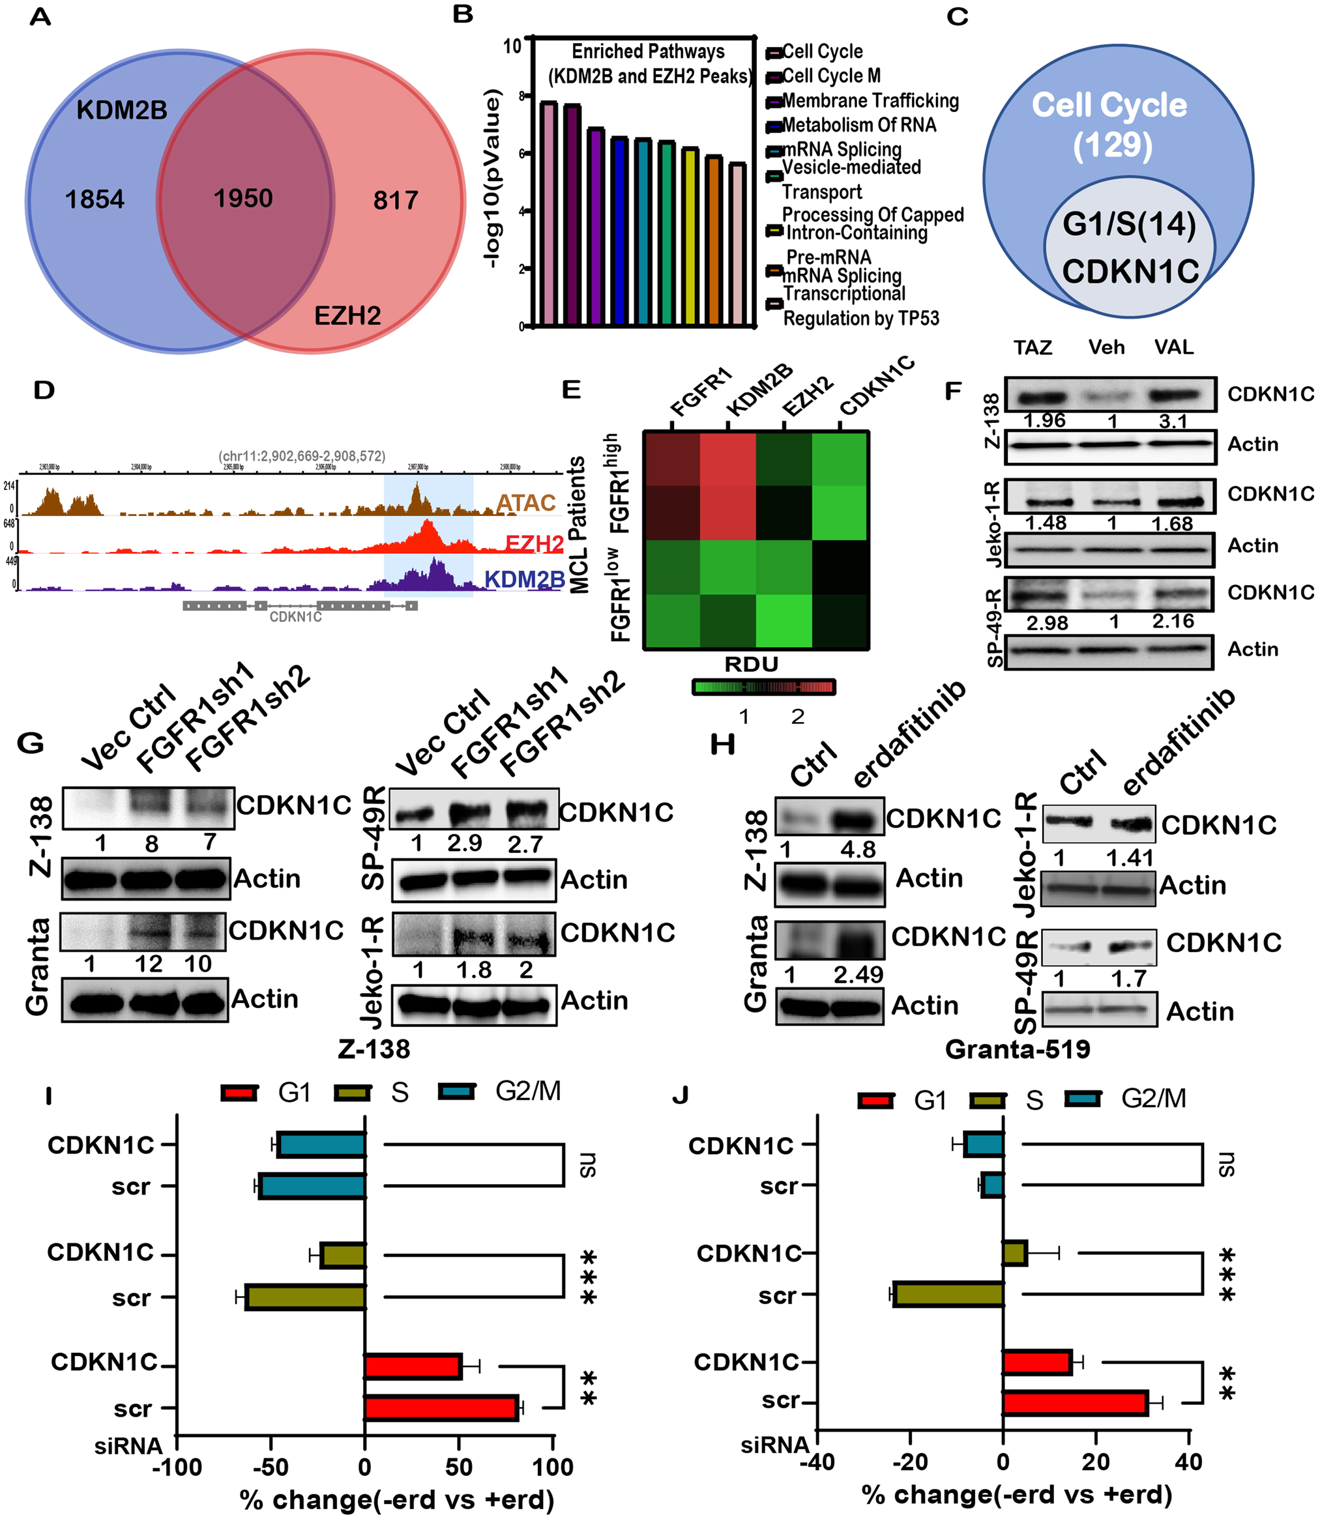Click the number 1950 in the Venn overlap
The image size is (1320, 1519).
click(243, 198)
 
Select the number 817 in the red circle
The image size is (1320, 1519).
click(396, 200)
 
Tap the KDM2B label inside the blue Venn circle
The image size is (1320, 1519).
click(121, 110)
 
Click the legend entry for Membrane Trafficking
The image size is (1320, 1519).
click(869, 101)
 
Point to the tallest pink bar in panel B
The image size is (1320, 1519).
click(548, 214)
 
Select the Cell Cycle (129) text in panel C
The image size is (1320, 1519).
click(1109, 124)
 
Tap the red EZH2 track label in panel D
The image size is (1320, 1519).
click(534, 544)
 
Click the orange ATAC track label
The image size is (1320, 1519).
click(525, 503)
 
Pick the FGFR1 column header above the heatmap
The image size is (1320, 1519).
click(701, 392)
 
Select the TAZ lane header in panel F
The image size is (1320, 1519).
click(1033, 347)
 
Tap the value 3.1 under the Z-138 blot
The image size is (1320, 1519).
click(1173, 422)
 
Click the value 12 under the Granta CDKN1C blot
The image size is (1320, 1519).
click(148, 964)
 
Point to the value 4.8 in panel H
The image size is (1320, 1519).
click(858, 849)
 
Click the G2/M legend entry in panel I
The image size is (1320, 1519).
click(527, 1090)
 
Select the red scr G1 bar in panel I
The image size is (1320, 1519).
click(441, 1408)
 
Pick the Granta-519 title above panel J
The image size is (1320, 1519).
click(1018, 1049)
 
